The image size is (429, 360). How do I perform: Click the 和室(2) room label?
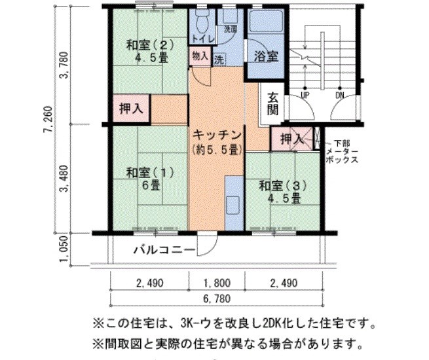tap(149, 51)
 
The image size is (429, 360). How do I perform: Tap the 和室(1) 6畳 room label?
tap(149, 178)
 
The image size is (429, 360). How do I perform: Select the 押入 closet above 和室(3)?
tap(291, 139)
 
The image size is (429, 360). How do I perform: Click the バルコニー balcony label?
tap(163, 249)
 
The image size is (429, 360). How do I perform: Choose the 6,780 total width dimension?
tap(215, 299)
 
